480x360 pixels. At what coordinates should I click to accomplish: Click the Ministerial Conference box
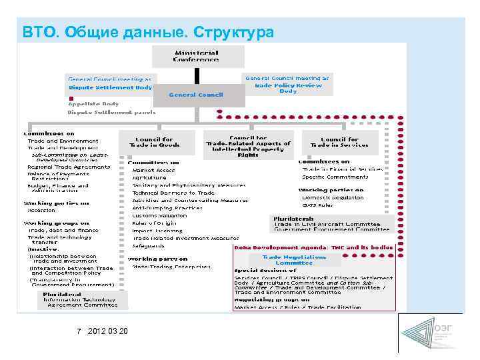coord(196,55)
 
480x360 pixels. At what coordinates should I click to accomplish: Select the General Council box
coord(196,95)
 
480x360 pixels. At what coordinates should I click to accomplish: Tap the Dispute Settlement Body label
coord(110,87)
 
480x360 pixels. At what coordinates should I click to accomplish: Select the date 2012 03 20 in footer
coord(109,332)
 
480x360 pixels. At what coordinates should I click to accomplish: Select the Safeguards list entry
coord(147,245)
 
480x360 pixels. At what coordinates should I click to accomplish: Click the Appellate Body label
coord(93,104)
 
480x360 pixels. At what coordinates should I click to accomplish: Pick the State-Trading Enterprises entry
coord(171,267)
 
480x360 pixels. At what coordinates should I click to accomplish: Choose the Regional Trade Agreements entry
coord(69,167)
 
